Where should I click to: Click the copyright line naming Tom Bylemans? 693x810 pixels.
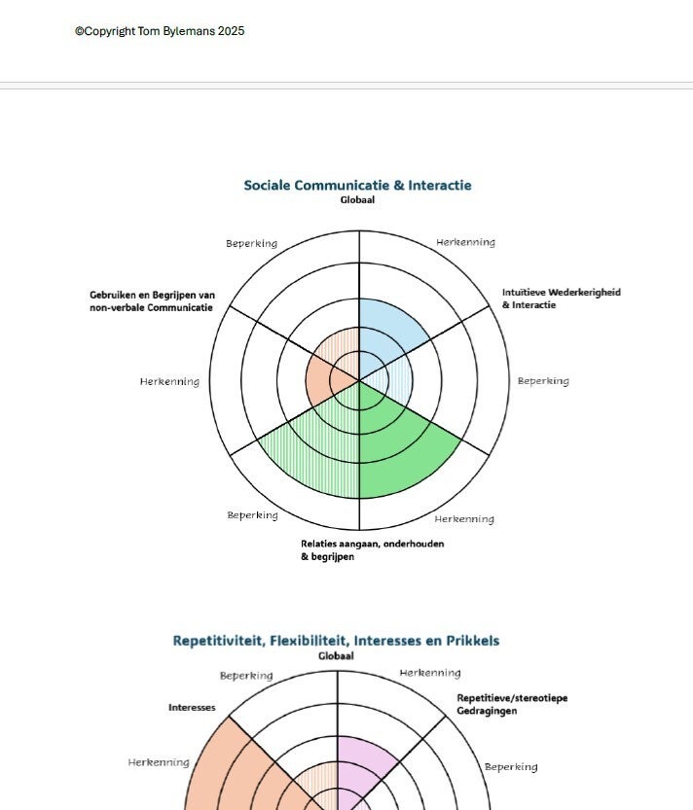click(159, 31)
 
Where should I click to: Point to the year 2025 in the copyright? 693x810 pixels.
click(232, 31)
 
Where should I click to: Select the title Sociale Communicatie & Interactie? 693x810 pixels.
click(357, 185)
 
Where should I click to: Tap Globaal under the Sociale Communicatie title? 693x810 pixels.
click(357, 200)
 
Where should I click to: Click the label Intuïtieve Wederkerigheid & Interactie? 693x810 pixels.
click(561, 299)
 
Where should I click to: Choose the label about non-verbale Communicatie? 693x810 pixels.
click(152, 301)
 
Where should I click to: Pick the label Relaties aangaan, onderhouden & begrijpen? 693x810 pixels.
click(372, 550)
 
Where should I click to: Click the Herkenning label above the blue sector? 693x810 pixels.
click(465, 242)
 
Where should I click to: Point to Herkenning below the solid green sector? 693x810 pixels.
click(463, 519)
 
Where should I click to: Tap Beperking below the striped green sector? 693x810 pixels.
click(252, 515)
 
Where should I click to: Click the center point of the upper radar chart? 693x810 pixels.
click(359, 380)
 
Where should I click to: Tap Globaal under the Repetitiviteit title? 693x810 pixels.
click(336, 656)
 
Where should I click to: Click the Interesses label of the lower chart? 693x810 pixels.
click(192, 708)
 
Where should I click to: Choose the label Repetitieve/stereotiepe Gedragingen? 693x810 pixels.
click(512, 704)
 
